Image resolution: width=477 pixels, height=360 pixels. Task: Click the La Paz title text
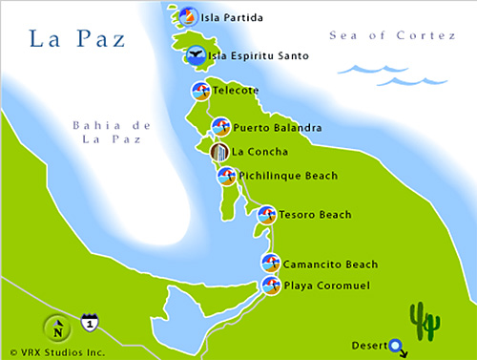74,39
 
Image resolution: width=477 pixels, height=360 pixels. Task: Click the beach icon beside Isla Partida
187,16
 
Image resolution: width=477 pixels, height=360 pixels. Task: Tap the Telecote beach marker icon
201,92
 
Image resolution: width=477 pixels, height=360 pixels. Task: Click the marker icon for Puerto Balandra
220,127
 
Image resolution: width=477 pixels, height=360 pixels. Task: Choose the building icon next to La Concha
219,151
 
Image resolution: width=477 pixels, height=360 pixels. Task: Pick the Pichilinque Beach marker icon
227,176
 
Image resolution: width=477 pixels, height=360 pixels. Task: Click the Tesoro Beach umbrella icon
266,215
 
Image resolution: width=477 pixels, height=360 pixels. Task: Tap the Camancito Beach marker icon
271,264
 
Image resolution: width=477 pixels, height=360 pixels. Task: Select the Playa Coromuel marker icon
271,286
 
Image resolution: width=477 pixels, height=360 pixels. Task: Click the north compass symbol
58,328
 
